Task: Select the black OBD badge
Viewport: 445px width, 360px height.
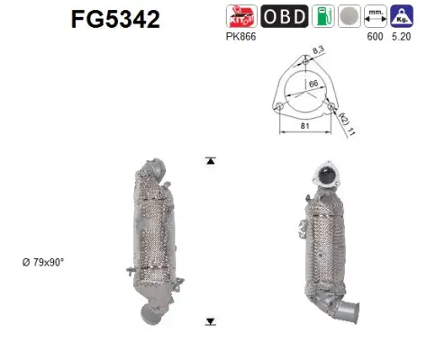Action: coord(284,15)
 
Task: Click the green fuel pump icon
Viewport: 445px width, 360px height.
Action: coord(322,15)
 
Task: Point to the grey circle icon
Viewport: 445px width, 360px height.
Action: coord(348,15)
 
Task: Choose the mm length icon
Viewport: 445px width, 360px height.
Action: coord(377,15)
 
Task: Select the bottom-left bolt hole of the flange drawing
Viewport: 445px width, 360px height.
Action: coord(281,109)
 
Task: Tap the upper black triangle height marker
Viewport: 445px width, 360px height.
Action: coord(211,161)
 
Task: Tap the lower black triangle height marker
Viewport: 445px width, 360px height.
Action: coord(211,320)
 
